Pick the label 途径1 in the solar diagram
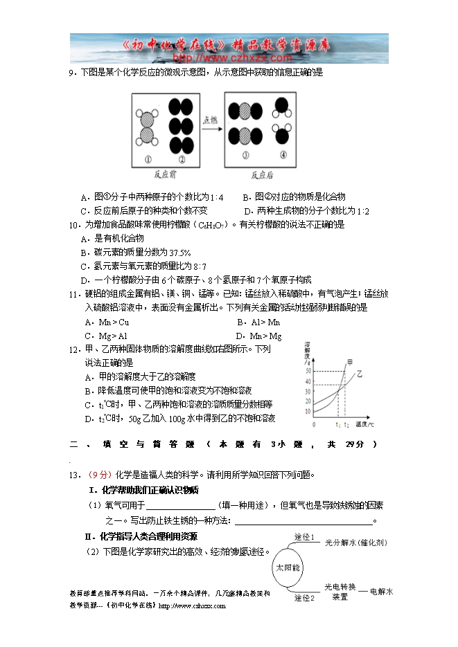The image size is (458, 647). [x=304, y=537]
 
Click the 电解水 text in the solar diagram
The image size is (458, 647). [x=381, y=592]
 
